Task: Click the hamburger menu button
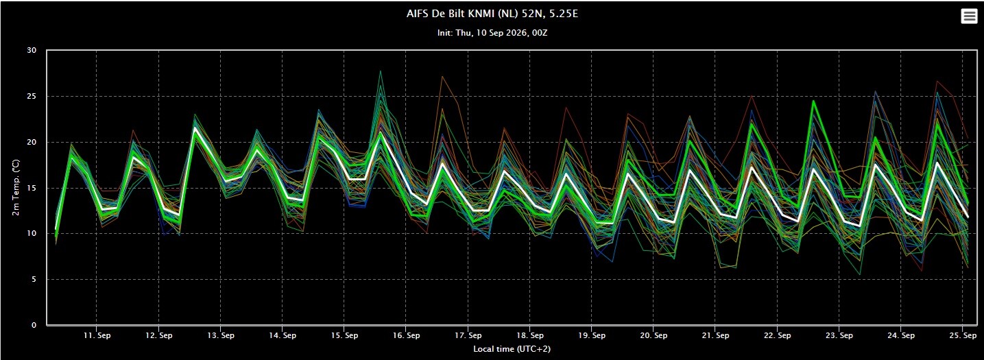point(969,16)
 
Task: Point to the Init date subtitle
point(492,33)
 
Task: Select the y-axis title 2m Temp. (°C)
point(16,187)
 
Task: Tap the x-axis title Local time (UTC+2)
point(512,349)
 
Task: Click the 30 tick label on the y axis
point(32,51)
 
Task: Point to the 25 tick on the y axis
point(32,96)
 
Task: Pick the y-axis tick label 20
point(32,142)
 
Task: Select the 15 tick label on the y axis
point(32,188)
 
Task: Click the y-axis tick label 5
point(34,279)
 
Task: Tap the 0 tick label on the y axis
point(34,325)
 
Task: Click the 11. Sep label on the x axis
point(97,335)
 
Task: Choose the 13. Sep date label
point(221,335)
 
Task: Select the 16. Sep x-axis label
point(407,335)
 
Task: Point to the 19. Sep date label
point(592,335)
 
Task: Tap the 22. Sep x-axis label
point(777,335)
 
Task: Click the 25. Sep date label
point(963,335)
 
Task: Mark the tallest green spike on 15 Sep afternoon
point(381,71)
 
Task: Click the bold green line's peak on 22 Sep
point(813,101)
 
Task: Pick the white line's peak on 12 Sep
point(195,128)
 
